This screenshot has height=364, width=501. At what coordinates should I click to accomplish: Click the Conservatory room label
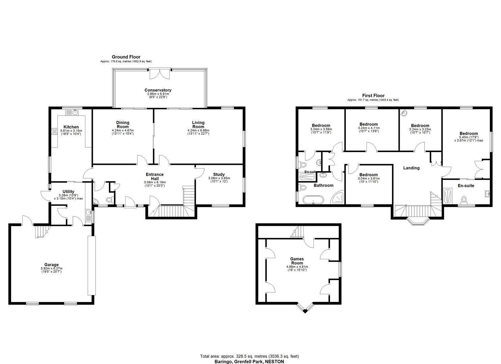pyautogui.click(x=158, y=90)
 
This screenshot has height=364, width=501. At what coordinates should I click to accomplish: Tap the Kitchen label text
pyautogui.click(x=71, y=127)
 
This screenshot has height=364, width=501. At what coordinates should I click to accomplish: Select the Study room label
pyautogui.click(x=219, y=175)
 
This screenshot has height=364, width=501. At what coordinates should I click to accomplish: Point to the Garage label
pyautogui.click(x=51, y=265)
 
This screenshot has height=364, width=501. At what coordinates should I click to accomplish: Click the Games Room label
pyautogui.click(x=297, y=261)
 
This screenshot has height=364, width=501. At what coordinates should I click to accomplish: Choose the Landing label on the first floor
pyautogui.click(x=411, y=168)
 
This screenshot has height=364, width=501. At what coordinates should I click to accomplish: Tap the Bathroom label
pyautogui.click(x=324, y=185)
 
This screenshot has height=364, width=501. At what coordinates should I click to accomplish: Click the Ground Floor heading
pyautogui.click(x=126, y=57)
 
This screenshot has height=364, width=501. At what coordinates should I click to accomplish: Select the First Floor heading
pyautogui.click(x=373, y=96)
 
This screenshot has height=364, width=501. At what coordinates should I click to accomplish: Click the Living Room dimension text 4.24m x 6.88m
pyautogui.click(x=198, y=131)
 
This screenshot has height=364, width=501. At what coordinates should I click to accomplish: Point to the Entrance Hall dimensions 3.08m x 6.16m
pyautogui.click(x=155, y=182)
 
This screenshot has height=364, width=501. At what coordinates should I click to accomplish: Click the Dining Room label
pyautogui.click(x=123, y=125)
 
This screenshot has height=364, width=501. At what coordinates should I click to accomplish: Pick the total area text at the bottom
pyautogui.click(x=249, y=356)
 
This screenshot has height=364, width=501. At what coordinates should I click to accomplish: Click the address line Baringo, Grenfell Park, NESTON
pyautogui.click(x=249, y=362)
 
